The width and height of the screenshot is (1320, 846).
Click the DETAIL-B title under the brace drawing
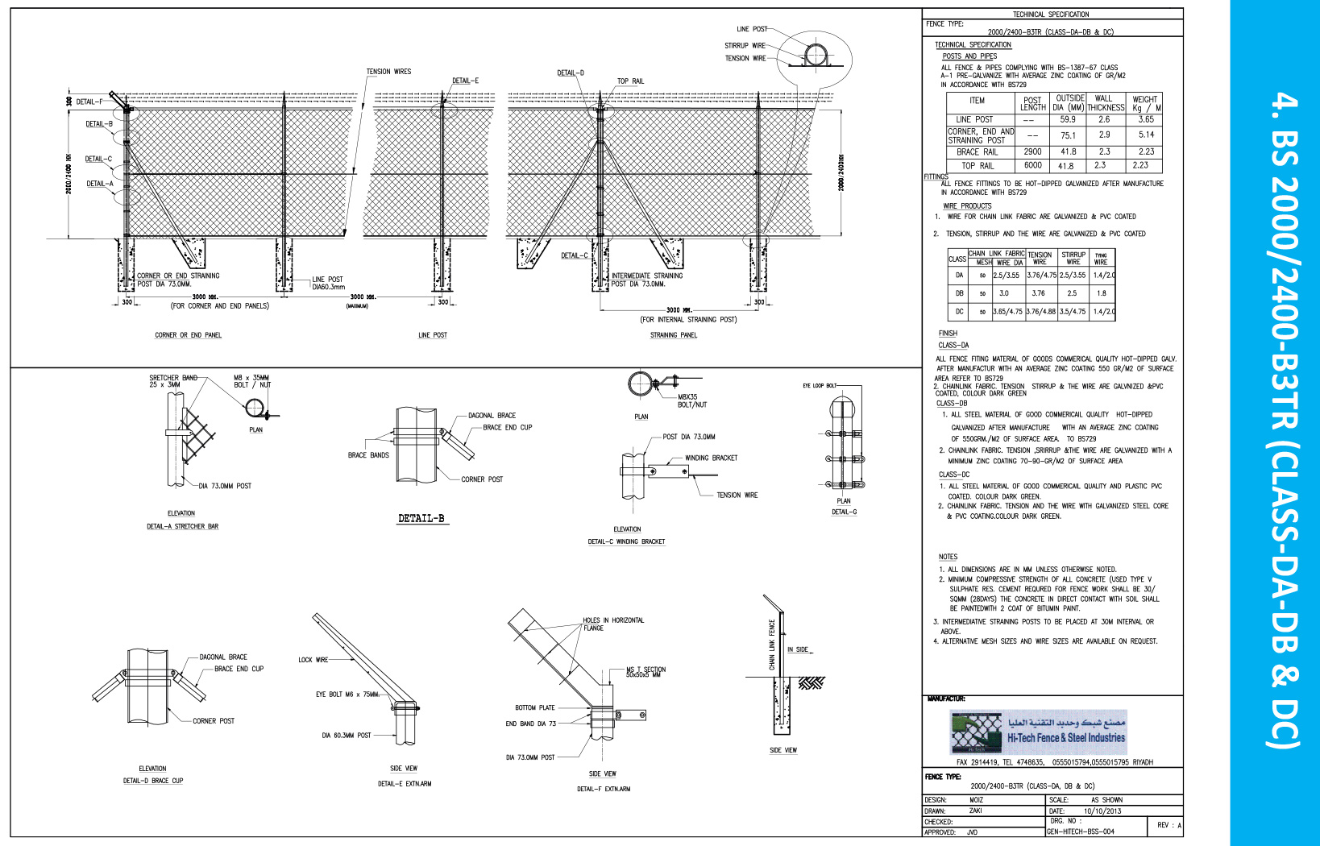(421, 519)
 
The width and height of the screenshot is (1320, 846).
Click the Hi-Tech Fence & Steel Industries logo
(1038, 732)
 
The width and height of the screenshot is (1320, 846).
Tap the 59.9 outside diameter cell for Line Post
(1068, 119)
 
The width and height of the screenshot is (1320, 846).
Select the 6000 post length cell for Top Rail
(1032, 165)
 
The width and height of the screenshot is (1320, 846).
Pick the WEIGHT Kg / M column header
(1145, 104)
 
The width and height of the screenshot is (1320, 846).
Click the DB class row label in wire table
(959, 293)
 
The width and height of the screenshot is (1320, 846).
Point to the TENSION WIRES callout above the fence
(388, 72)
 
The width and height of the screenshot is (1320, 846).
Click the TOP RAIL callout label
(630, 81)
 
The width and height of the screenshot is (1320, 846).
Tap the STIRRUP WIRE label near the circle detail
(745, 46)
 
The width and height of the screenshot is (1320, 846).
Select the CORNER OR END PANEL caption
(188, 335)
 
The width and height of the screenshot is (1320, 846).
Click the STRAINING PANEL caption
(674, 335)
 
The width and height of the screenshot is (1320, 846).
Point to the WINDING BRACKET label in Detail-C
(711, 458)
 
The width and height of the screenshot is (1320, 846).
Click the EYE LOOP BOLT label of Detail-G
(820, 386)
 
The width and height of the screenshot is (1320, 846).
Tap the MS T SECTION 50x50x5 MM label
(645, 671)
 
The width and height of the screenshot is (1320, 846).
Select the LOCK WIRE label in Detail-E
(313, 660)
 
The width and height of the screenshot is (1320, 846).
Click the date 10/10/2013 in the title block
(1102, 811)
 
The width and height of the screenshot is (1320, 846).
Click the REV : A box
(1168, 825)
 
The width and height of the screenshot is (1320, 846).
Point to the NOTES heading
(948, 557)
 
